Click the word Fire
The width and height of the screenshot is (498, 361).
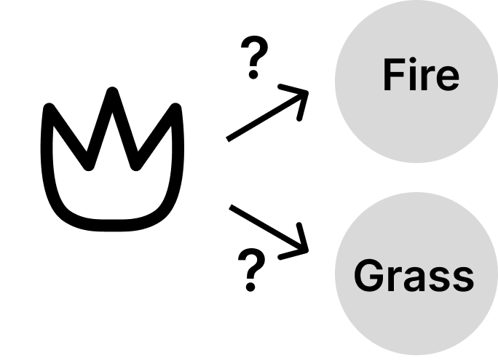tap(421, 76)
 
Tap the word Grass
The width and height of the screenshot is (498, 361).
tap(414, 276)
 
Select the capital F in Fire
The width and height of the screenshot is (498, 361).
tap(394, 76)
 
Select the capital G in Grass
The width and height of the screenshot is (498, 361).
tap(368, 276)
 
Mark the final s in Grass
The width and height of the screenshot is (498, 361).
tap(462, 280)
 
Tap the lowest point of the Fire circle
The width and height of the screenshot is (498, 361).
tap(416, 162)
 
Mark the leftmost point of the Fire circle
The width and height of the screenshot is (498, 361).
tap(336, 80)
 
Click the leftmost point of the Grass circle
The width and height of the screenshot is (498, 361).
tap(336, 275)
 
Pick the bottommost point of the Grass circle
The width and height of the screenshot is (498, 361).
tap(416, 355)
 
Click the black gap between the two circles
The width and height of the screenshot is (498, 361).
tap(416, 178)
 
